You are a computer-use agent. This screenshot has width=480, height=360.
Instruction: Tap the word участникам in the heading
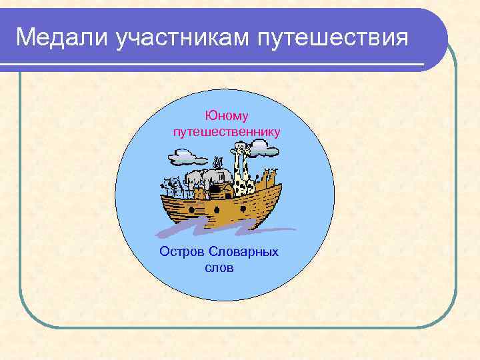[x=181, y=38]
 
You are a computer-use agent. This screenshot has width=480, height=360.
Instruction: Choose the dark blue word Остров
[x=182, y=252]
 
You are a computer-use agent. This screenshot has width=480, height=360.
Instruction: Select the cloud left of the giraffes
[x=189, y=157]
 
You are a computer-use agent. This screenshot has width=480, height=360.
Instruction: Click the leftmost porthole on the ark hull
[x=193, y=209]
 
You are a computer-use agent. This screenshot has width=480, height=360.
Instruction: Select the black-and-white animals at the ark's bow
[x=171, y=186]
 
